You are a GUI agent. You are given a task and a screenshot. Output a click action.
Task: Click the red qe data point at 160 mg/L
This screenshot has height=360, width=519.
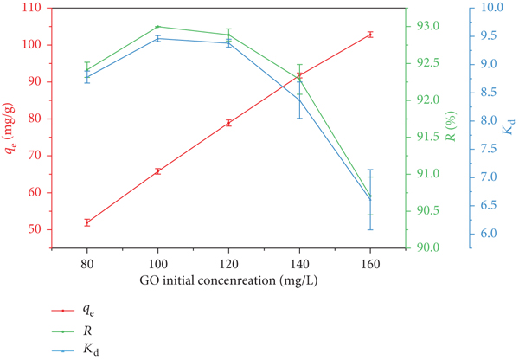[x=370, y=34]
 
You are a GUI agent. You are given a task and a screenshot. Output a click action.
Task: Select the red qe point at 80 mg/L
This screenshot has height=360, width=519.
[x=87, y=222]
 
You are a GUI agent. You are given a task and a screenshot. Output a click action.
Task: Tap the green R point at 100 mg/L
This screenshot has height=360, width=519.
[x=158, y=27]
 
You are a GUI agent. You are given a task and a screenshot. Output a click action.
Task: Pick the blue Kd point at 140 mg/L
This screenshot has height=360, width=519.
[x=299, y=100]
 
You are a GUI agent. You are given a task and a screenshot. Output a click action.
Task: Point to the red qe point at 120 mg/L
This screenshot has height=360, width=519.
[x=228, y=123]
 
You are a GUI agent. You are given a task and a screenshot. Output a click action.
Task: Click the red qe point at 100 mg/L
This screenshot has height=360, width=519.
[x=158, y=171]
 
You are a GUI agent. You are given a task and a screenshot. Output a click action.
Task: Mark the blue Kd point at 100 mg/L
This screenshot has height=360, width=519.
[x=158, y=38]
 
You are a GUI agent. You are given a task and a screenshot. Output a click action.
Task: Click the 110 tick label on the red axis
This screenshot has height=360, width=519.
[x=35, y=8]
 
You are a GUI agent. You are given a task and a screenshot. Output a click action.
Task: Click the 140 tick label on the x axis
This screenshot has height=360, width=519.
[x=299, y=264]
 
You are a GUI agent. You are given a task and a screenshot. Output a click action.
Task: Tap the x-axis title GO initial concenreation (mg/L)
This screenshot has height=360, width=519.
[x=228, y=280]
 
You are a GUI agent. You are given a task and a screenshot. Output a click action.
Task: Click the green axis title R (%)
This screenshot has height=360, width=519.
[x=451, y=126]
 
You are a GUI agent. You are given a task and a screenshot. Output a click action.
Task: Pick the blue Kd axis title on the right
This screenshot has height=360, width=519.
[x=509, y=126]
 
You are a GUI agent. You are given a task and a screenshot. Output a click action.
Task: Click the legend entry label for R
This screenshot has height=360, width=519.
[x=87, y=331]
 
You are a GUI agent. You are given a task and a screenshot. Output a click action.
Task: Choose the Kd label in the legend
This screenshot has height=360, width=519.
[x=91, y=350]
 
